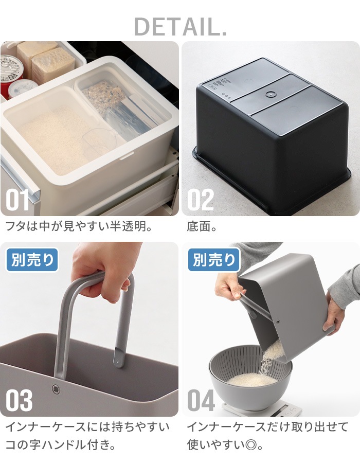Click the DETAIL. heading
pos(181,27)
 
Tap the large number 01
pos(17,200)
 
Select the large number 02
pos(201,200)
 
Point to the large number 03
pos(19,400)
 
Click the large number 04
pos(201,400)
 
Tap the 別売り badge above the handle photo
pos(32,260)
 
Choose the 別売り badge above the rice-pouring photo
pos(214,260)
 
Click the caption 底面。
pos(202,226)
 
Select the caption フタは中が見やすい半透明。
pos(79,226)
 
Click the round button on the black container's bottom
pos(269,94)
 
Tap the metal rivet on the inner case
pos(55,389)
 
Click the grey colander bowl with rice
pos(250,381)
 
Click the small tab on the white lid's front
pos(127,155)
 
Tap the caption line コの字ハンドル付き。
pos(61,445)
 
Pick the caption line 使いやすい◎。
pos(225,445)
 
